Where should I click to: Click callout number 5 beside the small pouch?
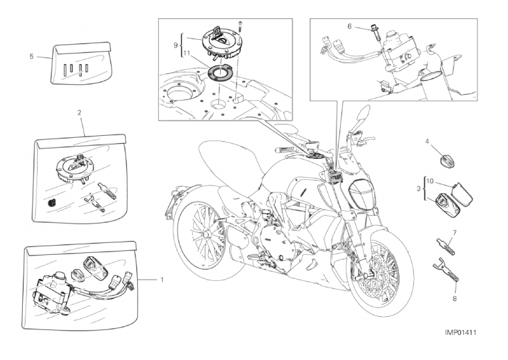pos(31,56)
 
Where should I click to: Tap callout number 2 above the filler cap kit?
pos(79,113)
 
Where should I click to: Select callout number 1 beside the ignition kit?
pos(161,279)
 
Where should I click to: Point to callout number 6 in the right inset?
pos(349,26)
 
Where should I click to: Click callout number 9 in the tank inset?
pos(176,45)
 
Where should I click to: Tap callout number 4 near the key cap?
pos(427,141)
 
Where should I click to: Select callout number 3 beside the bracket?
pos(419,188)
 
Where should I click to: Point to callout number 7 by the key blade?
pos(454,233)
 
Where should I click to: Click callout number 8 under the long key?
pos(454,299)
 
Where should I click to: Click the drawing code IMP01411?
pos(460,333)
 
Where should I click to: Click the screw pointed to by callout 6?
pos(377,33)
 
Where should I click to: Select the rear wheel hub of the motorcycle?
pos(205,233)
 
